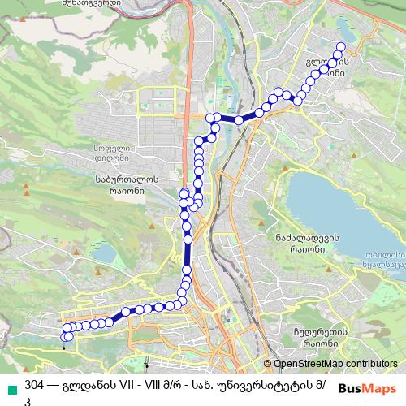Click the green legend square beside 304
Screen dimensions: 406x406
pos(11,384)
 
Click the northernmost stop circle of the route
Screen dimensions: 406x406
pos(340,47)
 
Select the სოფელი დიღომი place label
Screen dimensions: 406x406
pos(116,154)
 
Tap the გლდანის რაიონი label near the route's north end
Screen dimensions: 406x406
pos(331,67)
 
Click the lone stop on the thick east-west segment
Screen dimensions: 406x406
pos(239,119)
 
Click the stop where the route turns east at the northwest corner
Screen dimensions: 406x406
pos(211,119)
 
